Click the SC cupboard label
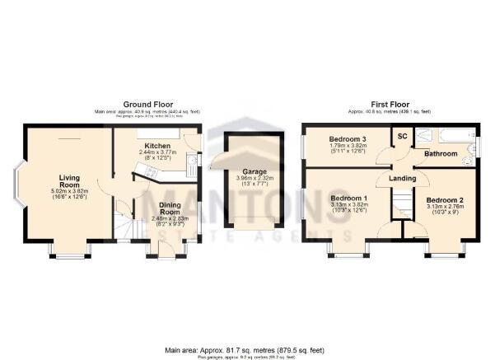tap(403, 136)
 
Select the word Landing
tap(403, 179)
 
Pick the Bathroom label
tap(441, 153)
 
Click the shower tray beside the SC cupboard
tap(423, 136)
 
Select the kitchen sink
tap(192, 164)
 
